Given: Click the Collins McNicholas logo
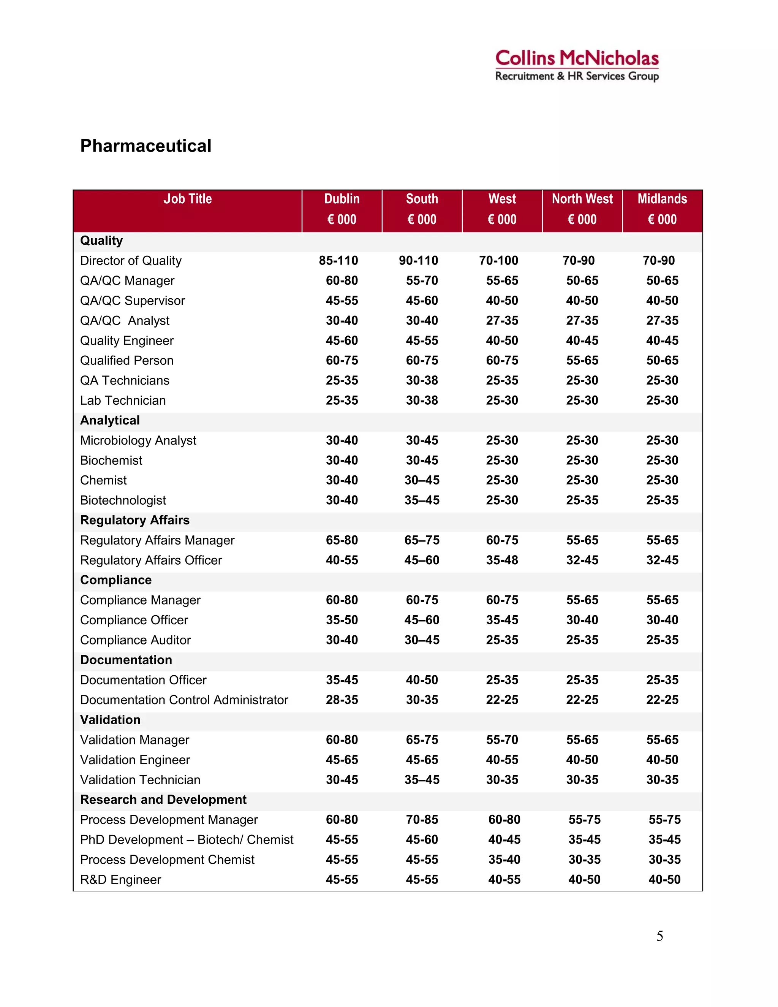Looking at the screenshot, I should coord(577,65).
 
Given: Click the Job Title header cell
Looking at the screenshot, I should coord(187,199).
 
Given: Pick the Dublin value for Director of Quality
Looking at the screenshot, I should coord(338,261).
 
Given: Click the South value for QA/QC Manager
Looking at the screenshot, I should coord(422,280).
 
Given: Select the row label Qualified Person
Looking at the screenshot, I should coord(127,361).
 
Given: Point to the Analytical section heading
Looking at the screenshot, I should coord(110,421).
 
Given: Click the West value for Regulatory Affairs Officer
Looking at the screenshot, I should coord(502,560).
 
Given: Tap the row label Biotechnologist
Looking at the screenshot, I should coord(123,500).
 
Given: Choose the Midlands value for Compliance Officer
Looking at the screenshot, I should coord(662,620).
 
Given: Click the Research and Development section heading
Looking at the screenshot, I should coord(163,800).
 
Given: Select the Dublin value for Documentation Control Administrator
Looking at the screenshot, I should coord(342,700).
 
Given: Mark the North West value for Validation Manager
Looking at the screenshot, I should coord(582,740).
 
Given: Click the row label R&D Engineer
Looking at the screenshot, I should coord(120,880).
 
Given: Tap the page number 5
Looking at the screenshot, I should coord(659,936).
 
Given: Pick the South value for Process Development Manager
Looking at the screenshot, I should coord(422,820).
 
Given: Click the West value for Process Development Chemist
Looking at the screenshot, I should coord(504,860).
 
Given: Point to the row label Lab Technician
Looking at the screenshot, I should coord(123,400).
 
